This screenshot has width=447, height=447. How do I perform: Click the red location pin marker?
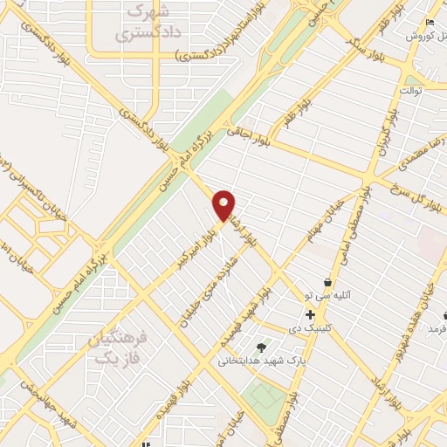[x=224, y=204]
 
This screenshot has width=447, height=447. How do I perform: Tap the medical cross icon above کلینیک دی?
[x=310, y=313]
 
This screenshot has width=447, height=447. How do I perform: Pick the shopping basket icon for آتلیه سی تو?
[x=327, y=283]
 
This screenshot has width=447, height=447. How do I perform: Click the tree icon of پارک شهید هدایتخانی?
[x=259, y=347]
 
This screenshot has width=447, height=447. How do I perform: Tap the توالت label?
[x=410, y=90]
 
